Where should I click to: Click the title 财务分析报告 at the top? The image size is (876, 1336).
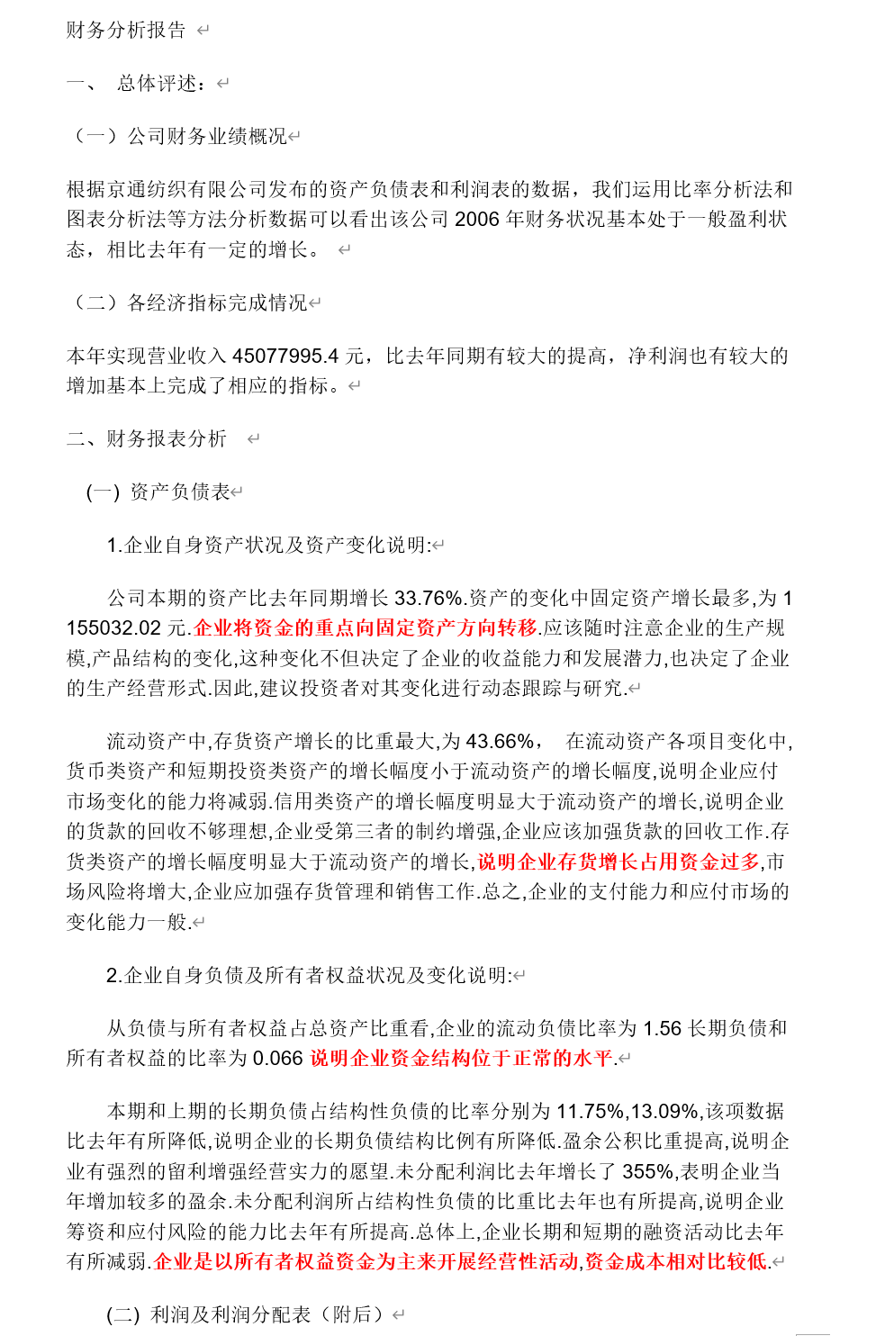(126, 31)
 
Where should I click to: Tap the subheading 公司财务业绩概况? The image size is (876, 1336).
(207, 137)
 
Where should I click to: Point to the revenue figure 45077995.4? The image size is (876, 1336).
(285, 357)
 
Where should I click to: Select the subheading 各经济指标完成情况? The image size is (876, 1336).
(217, 303)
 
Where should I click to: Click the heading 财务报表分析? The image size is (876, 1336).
(167, 439)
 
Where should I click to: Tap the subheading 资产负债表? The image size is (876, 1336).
(180, 492)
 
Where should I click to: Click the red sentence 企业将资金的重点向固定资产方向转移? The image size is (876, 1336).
(366, 628)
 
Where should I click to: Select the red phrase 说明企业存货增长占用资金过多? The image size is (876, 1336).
(619, 862)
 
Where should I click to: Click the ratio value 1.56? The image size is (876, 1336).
(663, 1029)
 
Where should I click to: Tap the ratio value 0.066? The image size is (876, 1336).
(277, 1059)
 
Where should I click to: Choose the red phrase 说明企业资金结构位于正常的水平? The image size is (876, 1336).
(461, 1059)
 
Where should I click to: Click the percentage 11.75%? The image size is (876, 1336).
(591, 1112)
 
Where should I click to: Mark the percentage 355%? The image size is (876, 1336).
(647, 1172)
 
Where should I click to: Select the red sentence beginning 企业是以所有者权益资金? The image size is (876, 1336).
(460, 1262)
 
